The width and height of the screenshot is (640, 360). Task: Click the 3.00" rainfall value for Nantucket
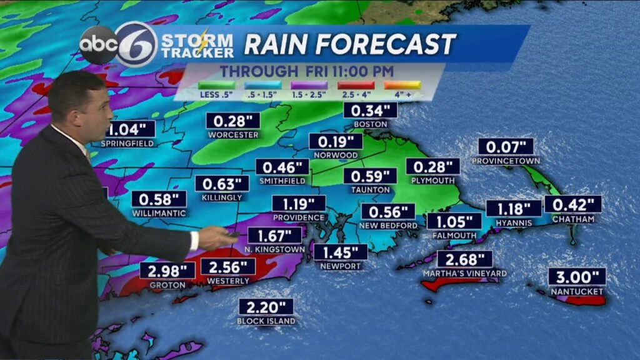click(577, 277)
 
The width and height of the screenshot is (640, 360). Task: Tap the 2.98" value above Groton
click(167, 271)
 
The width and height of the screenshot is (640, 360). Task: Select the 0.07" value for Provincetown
click(506, 147)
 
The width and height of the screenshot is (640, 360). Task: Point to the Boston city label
click(371, 124)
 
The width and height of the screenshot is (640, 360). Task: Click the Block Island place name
click(266, 321)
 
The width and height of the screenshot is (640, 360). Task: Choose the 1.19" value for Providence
click(298, 204)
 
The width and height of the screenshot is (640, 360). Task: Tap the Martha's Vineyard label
click(464, 273)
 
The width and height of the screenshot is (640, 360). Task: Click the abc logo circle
click(98, 45)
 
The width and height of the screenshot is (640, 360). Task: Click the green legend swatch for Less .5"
click(216, 84)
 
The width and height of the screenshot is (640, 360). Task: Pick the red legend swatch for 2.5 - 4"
click(356, 84)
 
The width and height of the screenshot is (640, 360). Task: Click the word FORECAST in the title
click(386, 44)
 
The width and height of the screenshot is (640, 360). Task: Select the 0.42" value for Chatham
click(572, 204)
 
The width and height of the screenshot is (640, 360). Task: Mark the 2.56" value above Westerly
click(228, 267)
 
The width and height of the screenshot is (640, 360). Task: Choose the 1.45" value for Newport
click(341, 252)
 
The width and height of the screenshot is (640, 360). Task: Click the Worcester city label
click(233, 134)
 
